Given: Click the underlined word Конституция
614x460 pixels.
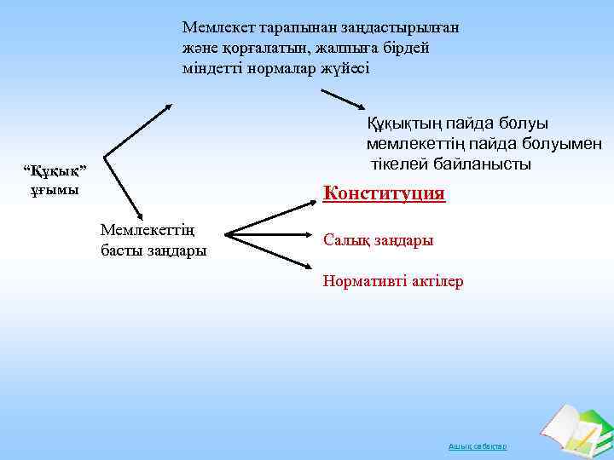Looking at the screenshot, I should [x=384, y=193].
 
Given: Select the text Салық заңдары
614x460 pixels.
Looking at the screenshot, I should [x=378, y=240].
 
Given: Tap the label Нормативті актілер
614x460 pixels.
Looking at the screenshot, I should [x=393, y=281].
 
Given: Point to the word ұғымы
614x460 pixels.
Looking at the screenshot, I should [x=55, y=189].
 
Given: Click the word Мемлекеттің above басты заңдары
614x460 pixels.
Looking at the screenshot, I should [x=148, y=230].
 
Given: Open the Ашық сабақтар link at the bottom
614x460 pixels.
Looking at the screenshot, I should [x=478, y=446].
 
